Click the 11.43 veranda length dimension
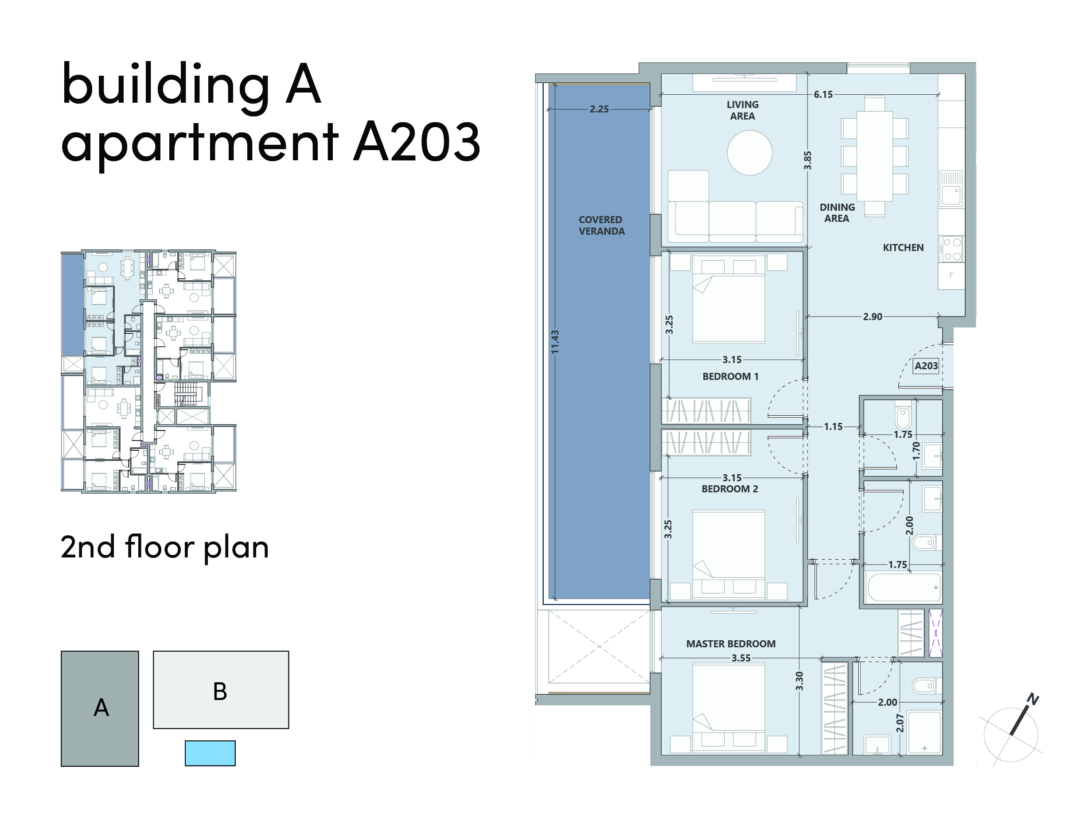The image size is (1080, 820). coord(555,342)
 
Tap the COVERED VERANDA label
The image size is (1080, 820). coord(601,225)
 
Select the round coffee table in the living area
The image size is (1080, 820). coord(749,152)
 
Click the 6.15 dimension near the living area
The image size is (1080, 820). coord(823,94)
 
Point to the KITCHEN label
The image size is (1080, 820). coord(903,248)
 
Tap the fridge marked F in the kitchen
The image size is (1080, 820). coord(951,276)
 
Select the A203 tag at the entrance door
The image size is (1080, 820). coord(926,366)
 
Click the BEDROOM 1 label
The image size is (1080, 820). coord(730,376)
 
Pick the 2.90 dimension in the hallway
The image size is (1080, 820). coord(873,316)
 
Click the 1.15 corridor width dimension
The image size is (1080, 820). coord(833,426)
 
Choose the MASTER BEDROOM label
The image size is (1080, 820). coord(731,644)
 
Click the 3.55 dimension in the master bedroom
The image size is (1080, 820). coord(741,658)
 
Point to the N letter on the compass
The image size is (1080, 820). coord(1033,699)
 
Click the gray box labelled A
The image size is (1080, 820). coord(100,709)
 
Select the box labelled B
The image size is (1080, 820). coord(221,690)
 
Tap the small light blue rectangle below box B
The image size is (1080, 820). coord(210,753)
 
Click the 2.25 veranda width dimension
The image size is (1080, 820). coord(599,109)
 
